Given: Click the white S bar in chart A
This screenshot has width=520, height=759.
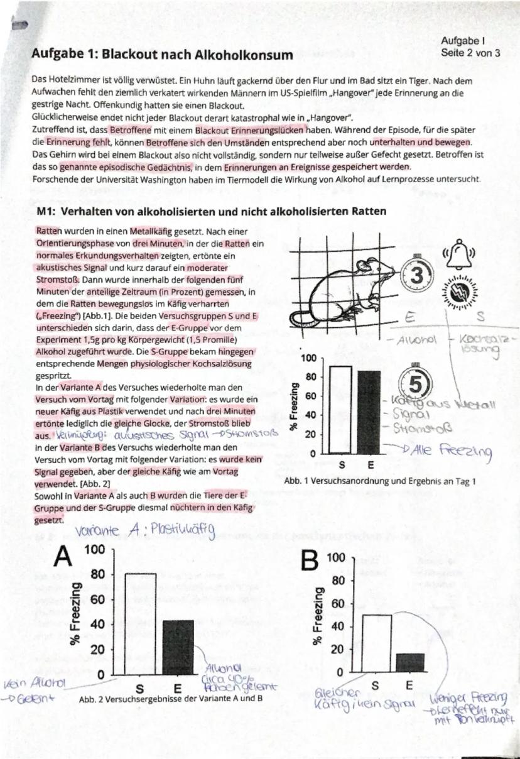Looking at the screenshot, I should click(140, 623).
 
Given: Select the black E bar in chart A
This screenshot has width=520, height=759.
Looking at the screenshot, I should click(178, 647).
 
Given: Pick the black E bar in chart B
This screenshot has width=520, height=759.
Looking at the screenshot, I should click(410, 662).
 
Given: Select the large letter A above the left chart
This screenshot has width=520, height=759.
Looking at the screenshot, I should click(64, 557).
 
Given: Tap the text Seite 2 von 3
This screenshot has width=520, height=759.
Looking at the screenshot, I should click(470, 52).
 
